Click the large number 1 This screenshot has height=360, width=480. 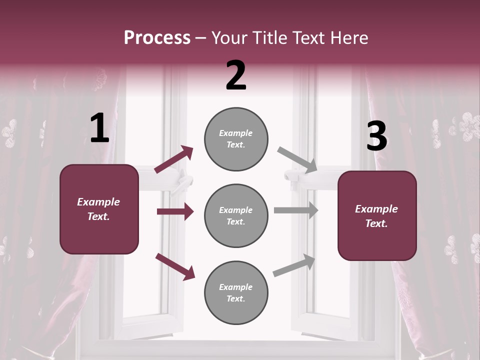pyautogui.click(x=99, y=128)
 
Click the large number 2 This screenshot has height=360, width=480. pyautogui.click(x=236, y=75)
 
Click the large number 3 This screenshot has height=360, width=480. pyautogui.click(x=376, y=136)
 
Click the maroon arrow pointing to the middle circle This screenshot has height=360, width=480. pyautogui.click(x=175, y=211)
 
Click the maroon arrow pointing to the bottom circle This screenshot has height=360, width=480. pyautogui.click(x=175, y=266)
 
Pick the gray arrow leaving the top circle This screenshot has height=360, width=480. pyautogui.click(x=297, y=160)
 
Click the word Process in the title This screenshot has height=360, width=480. pyautogui.click(x=157, y=37)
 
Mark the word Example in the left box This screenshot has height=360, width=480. pyautogui.click(x=98, y=202)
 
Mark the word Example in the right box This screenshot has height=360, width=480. pyautogui.click(x=376, y=209)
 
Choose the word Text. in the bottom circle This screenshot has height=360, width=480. pyautogui.click(x=236, y=298)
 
